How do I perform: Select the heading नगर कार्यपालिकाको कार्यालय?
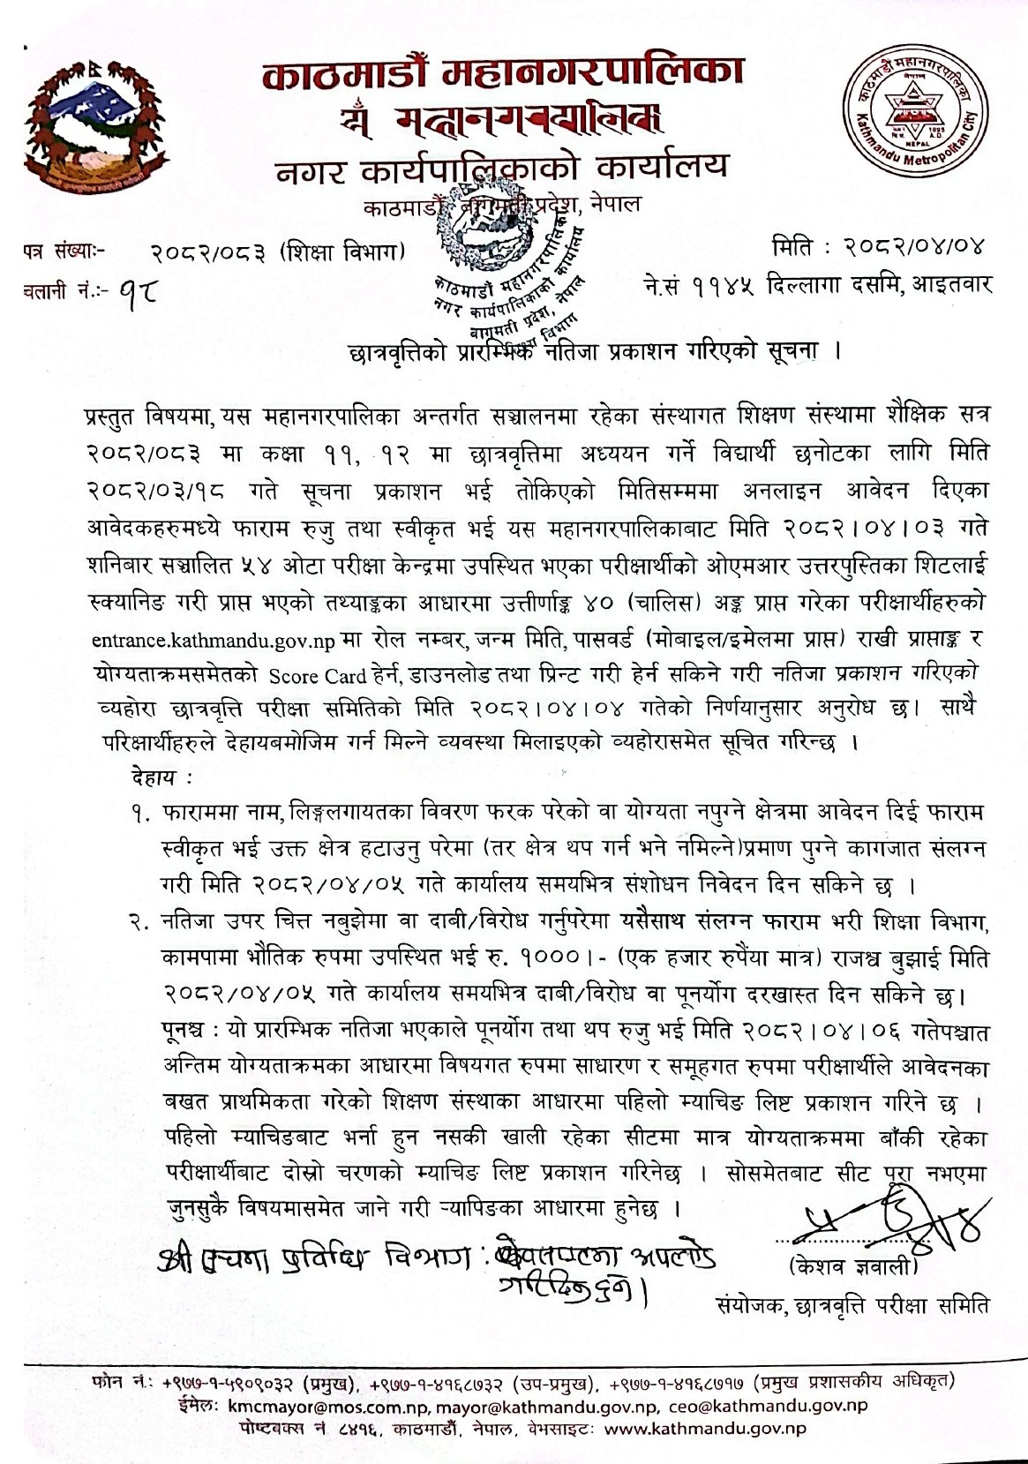502,167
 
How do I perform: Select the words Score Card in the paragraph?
318,676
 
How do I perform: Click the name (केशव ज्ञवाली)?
852,1268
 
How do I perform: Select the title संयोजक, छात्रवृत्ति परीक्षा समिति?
852,1304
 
